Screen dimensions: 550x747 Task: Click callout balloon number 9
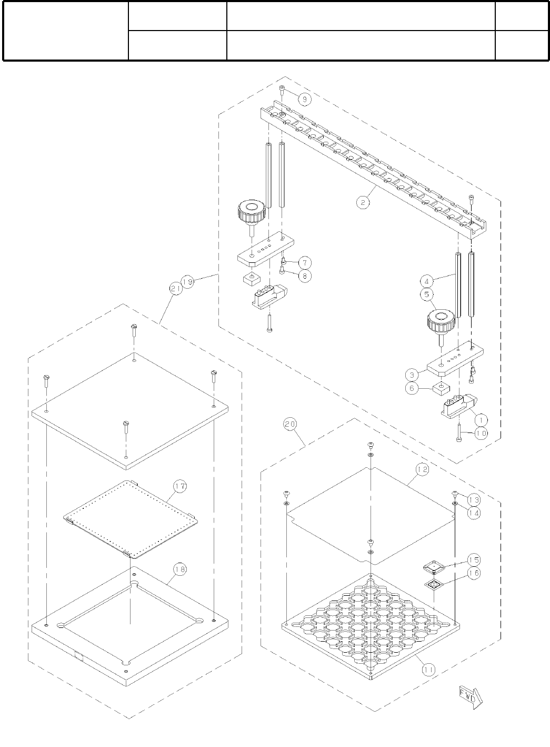304,98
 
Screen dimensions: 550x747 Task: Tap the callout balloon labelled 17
180,486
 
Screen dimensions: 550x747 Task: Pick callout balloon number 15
473,560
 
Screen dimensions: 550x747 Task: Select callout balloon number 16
473,573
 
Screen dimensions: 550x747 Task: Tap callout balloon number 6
412,388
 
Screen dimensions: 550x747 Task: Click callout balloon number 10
481,433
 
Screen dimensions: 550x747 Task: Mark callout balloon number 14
473,512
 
